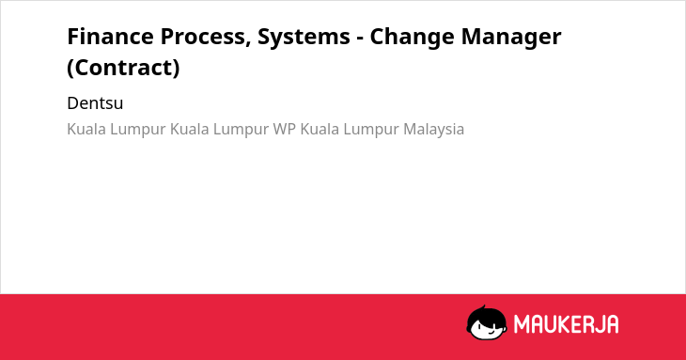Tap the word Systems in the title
tap(304, 37)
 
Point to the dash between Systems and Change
tap(360, 39)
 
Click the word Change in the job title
tap(412, 37)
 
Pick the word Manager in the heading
tap(511, 37)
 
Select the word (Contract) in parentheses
tap(123, 68)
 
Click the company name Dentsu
tap(95, 103)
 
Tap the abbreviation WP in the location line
tap(285, 130)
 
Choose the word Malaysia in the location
tap(433, 130)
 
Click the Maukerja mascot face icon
tap(487, 323)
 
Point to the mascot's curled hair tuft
tap(483, 308)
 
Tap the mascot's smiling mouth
tap(490, 333)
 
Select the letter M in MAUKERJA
tap(522, 324)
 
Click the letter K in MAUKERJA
tap(563, 324)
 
